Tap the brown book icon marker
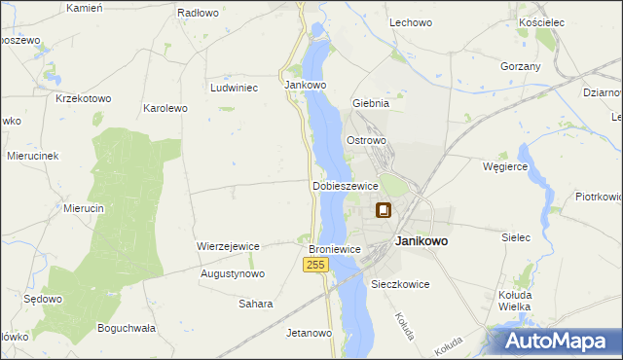385,210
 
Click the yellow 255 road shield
313,265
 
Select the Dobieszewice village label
345,186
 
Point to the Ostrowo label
367,140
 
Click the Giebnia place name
370,102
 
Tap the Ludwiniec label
234,87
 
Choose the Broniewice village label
335,250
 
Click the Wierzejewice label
228,246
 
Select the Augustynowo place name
233,274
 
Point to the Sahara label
256,304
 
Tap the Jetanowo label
310,333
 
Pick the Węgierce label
505,166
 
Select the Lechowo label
410,21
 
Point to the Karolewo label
165,108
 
